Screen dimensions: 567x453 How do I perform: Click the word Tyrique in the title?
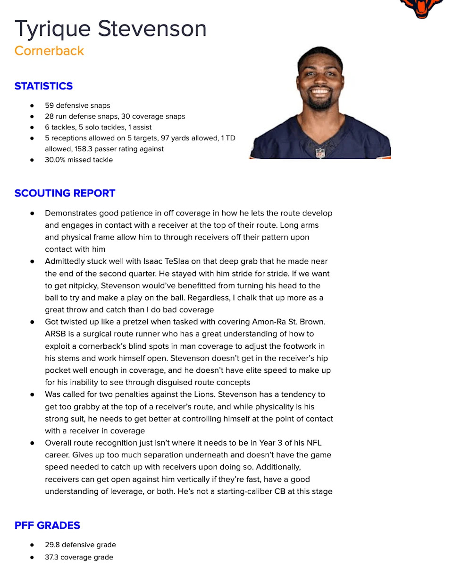(52, 29)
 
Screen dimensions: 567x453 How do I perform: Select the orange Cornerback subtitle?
(49, 51)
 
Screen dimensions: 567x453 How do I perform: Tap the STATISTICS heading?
(43, 86)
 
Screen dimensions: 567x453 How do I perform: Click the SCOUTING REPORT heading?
(65, 193)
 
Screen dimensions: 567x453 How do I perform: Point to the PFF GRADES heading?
(47, 525)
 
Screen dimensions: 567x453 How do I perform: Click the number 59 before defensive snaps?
(50, 105)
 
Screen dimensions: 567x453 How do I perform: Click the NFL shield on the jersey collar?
(320, 153)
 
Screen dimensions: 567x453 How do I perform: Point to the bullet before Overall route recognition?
(32, 443)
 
